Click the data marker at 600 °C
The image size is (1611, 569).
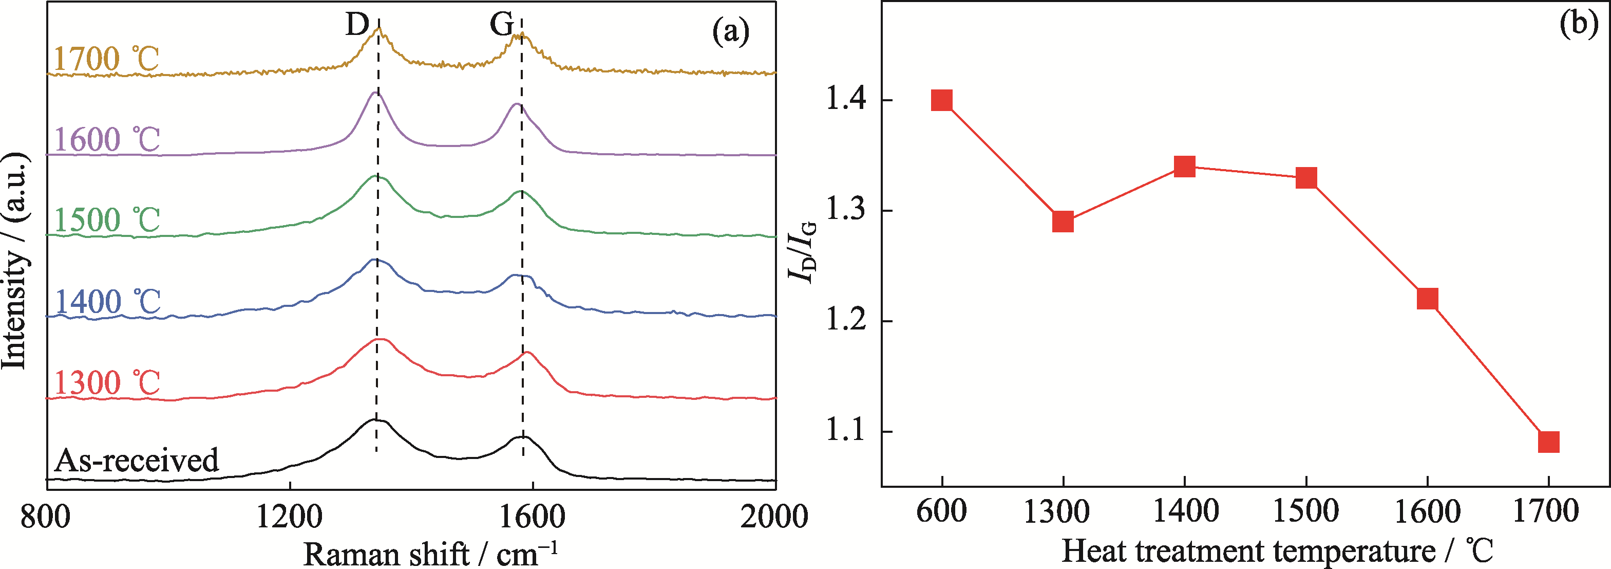coord(941,100)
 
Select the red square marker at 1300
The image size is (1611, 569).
coord(1063,222)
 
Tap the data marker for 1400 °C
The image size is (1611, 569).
coord(1184,167)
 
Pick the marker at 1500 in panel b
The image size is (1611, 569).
coord(1306,178)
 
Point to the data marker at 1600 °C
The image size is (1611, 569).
coord(1427,299)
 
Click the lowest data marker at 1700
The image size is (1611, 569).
coord(1548,442)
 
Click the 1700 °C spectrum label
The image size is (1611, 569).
coord(106,60)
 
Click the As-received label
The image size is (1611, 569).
coord(136,460)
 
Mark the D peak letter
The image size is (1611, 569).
coord(357,25)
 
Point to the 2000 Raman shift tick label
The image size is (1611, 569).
coord(774,518)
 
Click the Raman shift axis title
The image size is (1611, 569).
coord(430,554)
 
